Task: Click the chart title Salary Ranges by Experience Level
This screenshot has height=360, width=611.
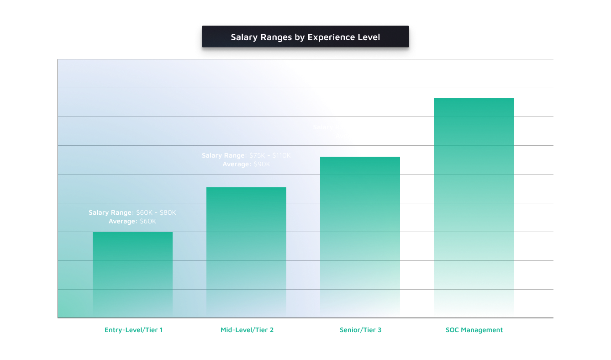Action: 305,37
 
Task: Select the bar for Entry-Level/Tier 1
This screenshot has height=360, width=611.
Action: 132,275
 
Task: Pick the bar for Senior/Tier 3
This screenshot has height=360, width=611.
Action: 360,237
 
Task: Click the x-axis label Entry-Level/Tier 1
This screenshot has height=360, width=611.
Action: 133,330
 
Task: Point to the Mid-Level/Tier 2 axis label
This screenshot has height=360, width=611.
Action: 247,330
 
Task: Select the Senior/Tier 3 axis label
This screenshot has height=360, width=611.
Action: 360,330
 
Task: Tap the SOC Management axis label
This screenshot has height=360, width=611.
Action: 474,330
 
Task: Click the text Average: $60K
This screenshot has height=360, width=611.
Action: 132,222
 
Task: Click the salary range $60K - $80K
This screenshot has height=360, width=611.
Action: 156,213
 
